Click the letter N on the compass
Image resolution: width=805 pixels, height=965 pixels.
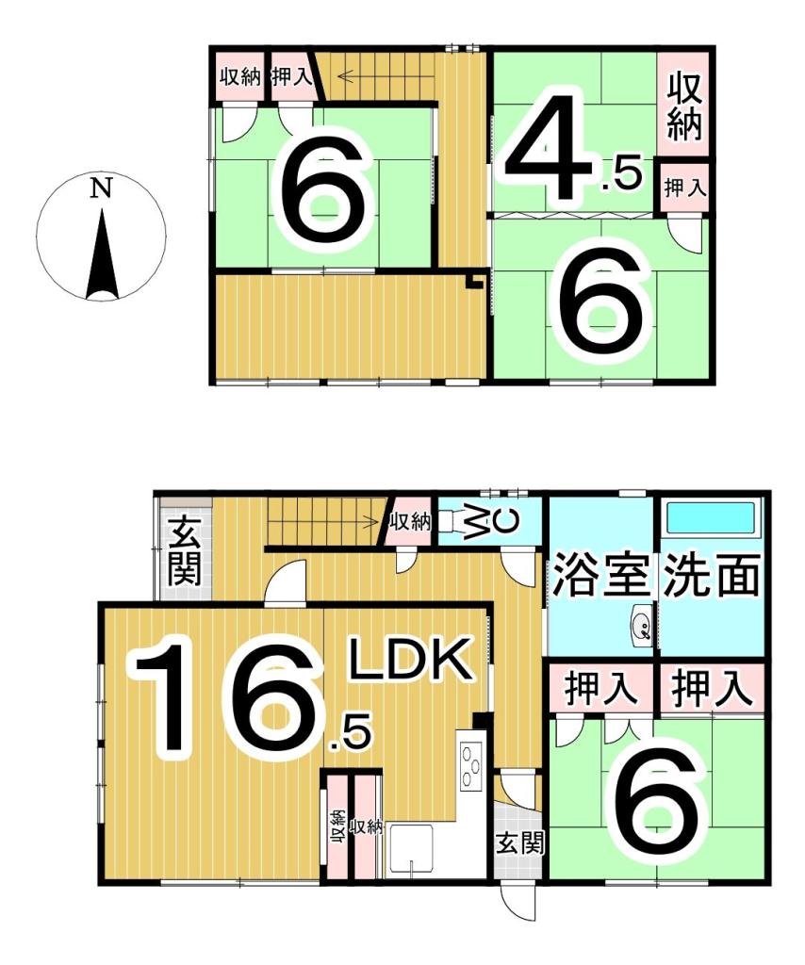point(101,188)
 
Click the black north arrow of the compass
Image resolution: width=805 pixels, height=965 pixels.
point(102,254)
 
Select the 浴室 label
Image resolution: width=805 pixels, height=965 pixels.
point(601,575)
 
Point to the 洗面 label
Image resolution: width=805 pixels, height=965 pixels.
point(711,575)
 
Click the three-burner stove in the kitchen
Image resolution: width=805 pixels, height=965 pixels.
point(471,764)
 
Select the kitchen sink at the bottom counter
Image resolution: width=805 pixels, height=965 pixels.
point(410,850)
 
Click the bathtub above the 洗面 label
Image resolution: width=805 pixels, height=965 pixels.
point(712,518)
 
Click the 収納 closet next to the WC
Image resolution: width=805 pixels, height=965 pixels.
point(409,522)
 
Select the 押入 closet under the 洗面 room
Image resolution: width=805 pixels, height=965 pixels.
point(712,688)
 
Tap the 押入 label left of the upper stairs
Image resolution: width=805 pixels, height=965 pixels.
point(291,76)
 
